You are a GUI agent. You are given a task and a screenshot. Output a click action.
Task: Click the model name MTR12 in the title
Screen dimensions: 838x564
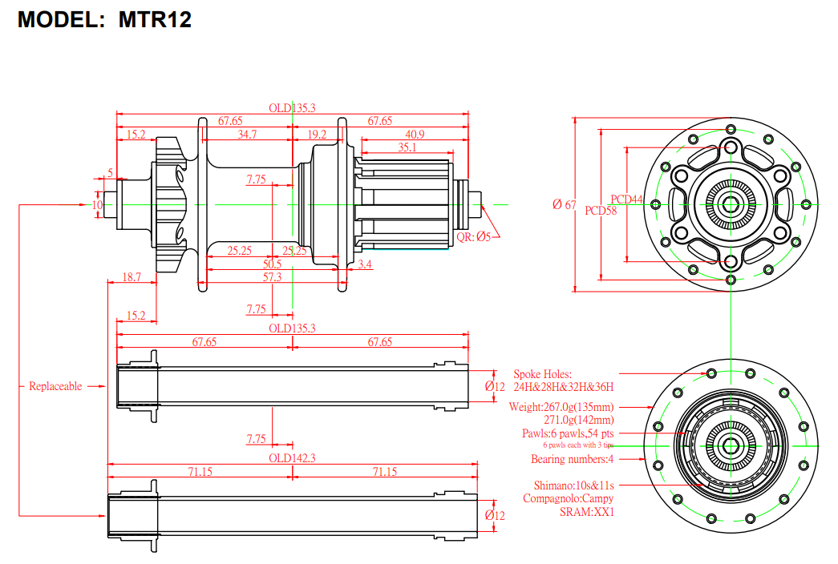155,20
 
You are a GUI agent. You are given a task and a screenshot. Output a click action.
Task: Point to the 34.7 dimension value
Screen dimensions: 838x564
247,134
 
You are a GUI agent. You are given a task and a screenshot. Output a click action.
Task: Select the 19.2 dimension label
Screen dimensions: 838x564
317,134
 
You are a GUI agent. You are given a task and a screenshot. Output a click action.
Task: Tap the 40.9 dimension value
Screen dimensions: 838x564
415,134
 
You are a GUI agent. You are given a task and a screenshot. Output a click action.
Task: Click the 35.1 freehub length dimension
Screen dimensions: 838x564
407,147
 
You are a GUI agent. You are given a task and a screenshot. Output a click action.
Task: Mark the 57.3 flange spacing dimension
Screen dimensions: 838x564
272,276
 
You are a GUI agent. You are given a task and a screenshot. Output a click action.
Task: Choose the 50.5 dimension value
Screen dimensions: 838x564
272,264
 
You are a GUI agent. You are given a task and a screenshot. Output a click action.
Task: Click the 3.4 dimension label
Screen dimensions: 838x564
365,264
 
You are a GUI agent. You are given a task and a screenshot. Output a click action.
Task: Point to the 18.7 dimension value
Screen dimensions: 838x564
132,276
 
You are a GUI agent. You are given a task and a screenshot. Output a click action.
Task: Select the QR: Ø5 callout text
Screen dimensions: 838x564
473,236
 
